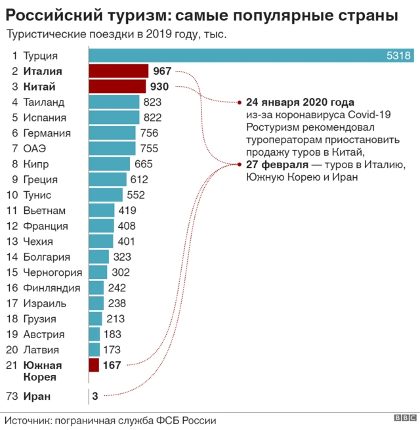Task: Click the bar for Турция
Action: (x=249, y=56)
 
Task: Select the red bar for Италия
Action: (x=118, y=71)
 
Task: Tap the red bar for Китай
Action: (x=117, y=87)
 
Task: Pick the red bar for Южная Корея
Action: (x=93, y=365)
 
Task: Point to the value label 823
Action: (x=152, y=102)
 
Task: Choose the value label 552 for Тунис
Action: (x=135, y=195)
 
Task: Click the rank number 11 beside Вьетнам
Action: (x=12, y=211)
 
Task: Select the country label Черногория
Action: (x=52, y=272)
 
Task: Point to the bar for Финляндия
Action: (x=96, y=288)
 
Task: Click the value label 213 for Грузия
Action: (x=115, y=319)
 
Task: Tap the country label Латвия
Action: (x=41, y=350)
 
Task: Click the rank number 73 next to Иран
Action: (x=12, y=396)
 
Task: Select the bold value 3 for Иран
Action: (x=95, y=396)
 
